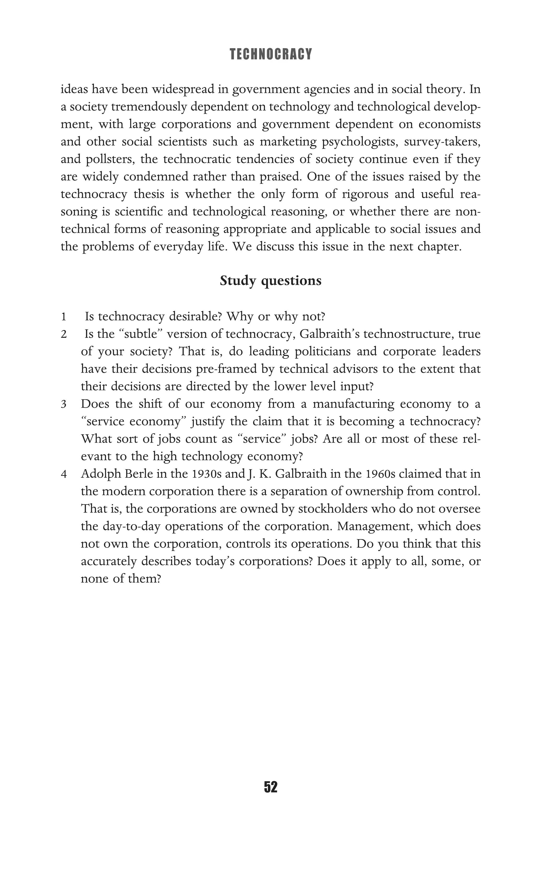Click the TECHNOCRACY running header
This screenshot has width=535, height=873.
[x=271, y=54]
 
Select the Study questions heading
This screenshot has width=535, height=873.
[x=271, y=281]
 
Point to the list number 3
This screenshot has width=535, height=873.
[x=63, y=404]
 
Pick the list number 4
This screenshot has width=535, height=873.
[x=63, y=474]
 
